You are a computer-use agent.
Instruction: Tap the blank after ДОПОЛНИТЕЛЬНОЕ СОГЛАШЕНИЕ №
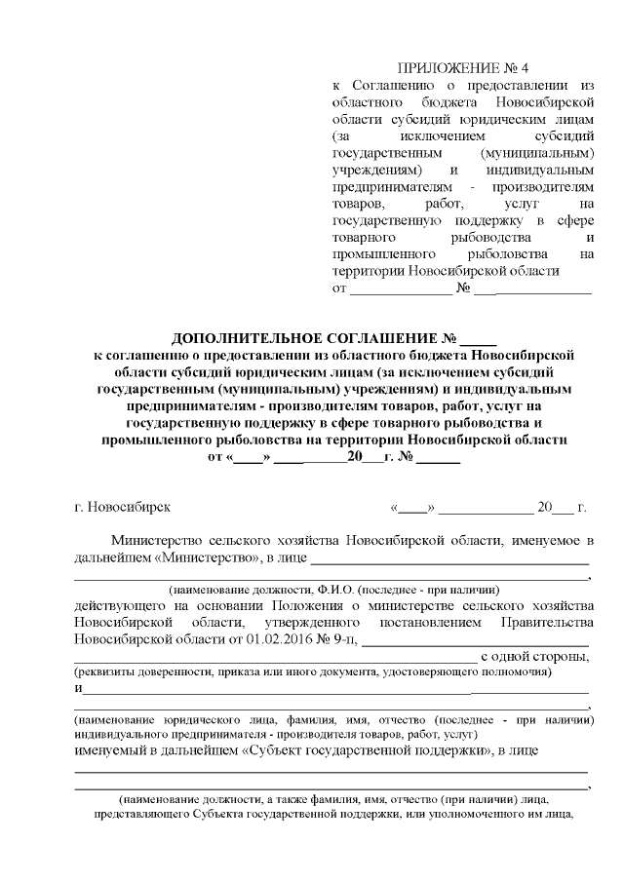click(x=478, y=340)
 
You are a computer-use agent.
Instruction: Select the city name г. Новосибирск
click(x=122, y=508)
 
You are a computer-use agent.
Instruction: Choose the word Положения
click(x=312, y=604)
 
